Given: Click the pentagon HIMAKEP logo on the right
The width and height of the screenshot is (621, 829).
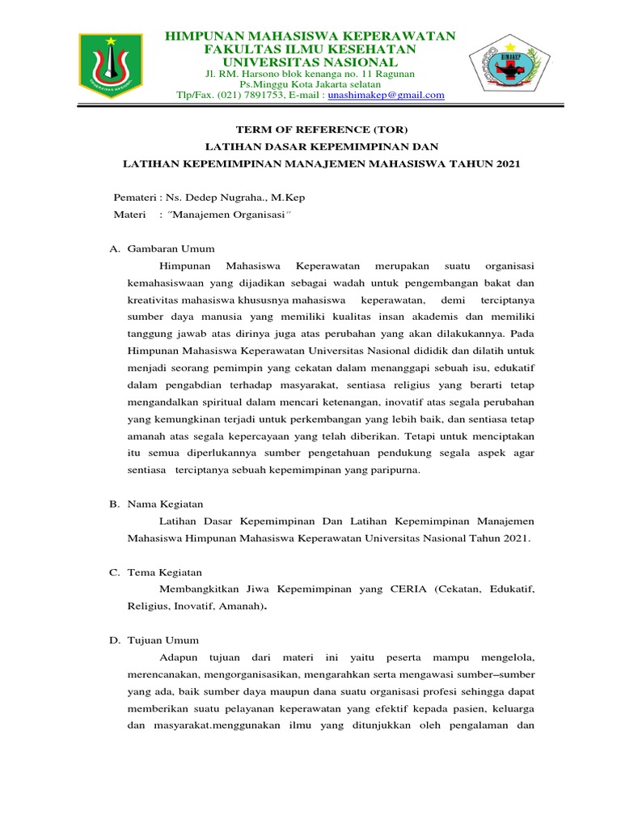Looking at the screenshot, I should click(x=509, y=66).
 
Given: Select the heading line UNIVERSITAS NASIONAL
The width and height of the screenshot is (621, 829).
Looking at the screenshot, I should click(x=310, y=62).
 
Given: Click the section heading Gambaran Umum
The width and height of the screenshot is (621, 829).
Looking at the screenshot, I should click(x=171, y=249).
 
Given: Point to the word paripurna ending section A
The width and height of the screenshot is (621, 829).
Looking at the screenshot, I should click(x=395, y=470).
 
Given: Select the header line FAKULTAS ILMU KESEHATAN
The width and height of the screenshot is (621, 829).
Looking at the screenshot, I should click(x=310, y=49).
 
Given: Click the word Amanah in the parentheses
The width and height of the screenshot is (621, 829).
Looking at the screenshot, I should click(x=261, y=606).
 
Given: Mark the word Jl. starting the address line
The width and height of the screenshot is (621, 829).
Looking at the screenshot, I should click(x=213, y=74).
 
